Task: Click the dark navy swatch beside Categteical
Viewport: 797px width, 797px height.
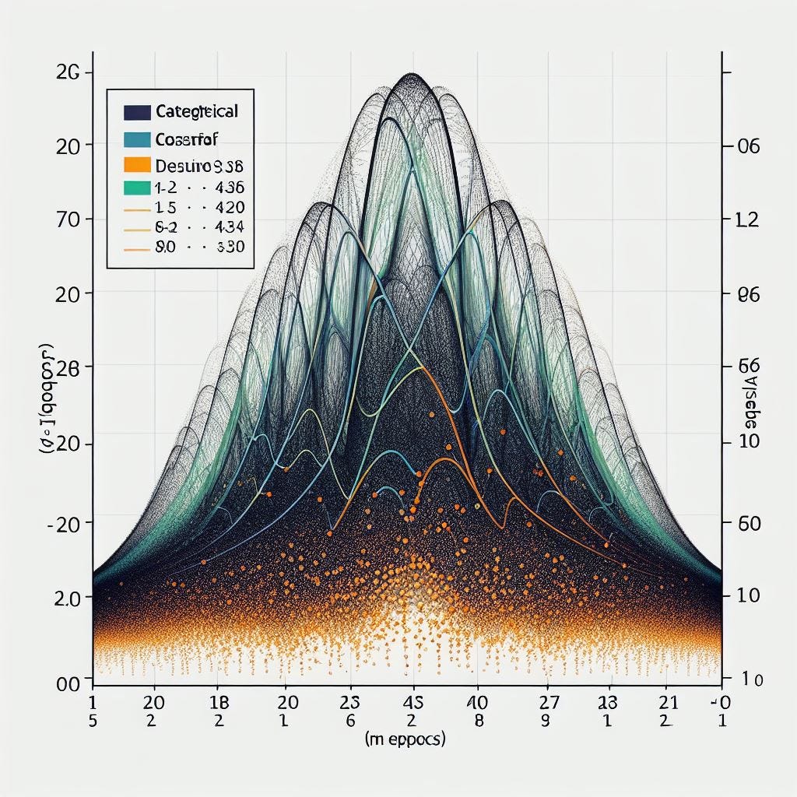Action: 136,112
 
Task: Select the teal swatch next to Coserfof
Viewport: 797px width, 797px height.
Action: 136,139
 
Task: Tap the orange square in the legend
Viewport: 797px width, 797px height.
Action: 136,165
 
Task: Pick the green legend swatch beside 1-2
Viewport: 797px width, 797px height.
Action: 136,188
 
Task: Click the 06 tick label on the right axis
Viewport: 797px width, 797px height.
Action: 746,146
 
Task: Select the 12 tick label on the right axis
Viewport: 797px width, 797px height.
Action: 746,220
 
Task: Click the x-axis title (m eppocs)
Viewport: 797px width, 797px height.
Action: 404,740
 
